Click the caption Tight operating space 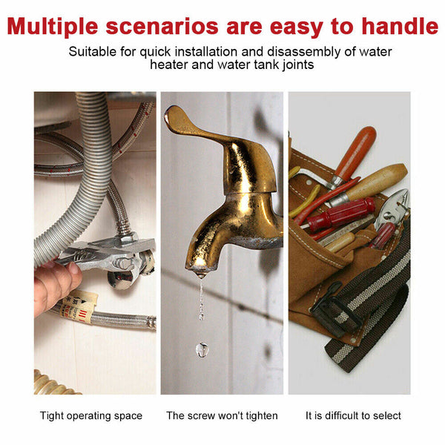[91, 415]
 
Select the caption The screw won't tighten [222, 415]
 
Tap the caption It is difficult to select [353, 415]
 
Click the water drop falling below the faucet [202, 348]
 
